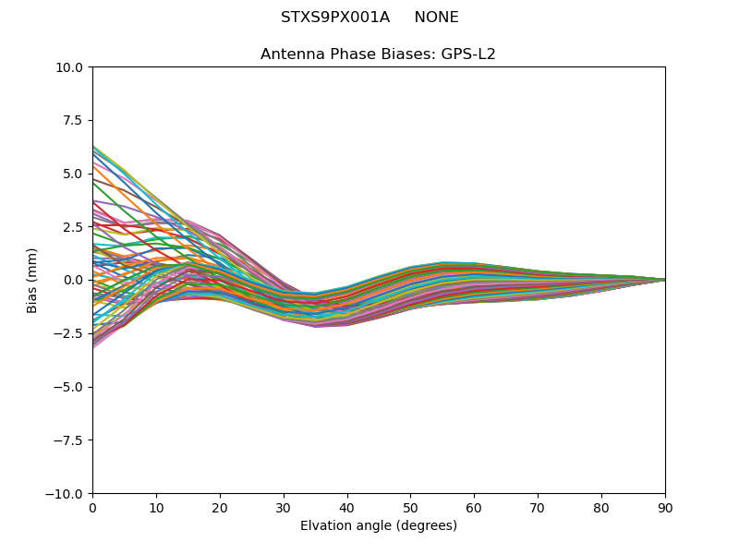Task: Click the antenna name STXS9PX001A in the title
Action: [x=335, y=18]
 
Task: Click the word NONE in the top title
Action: [x=436, y=18]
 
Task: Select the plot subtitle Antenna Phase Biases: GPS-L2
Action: [x=378, y=54]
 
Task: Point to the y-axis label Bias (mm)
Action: [x=32, y=280]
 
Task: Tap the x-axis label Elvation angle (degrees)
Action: [x=378, y=526]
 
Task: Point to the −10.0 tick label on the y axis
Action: [x=67, y=494]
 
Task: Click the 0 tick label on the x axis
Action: [x=92, y=508]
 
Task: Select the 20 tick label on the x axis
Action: [x=220, y=508]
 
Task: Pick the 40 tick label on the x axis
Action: [x=347, y=508]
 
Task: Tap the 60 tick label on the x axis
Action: [x=474, y=508]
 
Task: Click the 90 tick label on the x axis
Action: [x=665, y=508]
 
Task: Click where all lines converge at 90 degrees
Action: [x=664, y=280]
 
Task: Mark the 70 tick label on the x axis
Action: [x=538, y=508]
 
